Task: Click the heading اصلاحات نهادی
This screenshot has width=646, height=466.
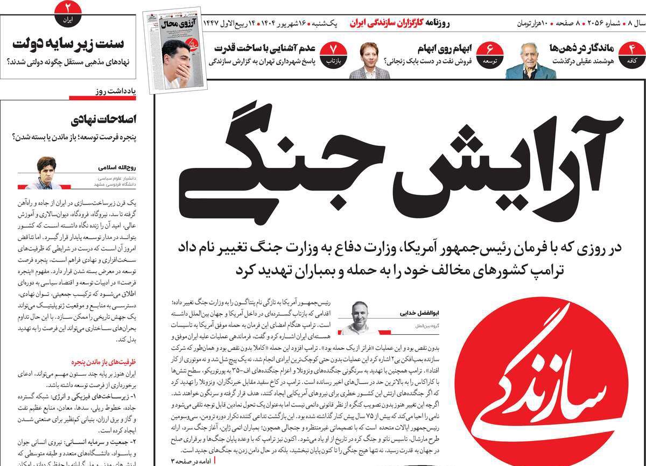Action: pos(108,119)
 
